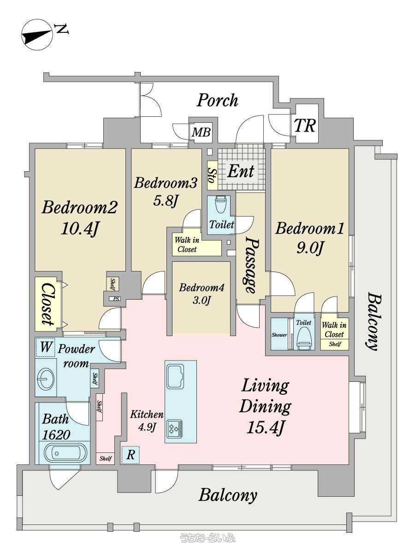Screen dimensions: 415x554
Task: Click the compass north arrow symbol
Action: [x=37, y=35]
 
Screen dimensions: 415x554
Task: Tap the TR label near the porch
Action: [x=305, y=126]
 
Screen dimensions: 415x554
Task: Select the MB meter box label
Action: [x=201, y=132]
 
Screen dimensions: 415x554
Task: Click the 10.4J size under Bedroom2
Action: [x=79, y=229]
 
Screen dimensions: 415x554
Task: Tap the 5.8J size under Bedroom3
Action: [x=166, y=201]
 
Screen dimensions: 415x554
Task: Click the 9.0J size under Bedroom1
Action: [x=310, y=248]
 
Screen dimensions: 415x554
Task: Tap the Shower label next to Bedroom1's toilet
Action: [x=279, y=335]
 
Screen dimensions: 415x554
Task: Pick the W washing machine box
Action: [x=45, y=347]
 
